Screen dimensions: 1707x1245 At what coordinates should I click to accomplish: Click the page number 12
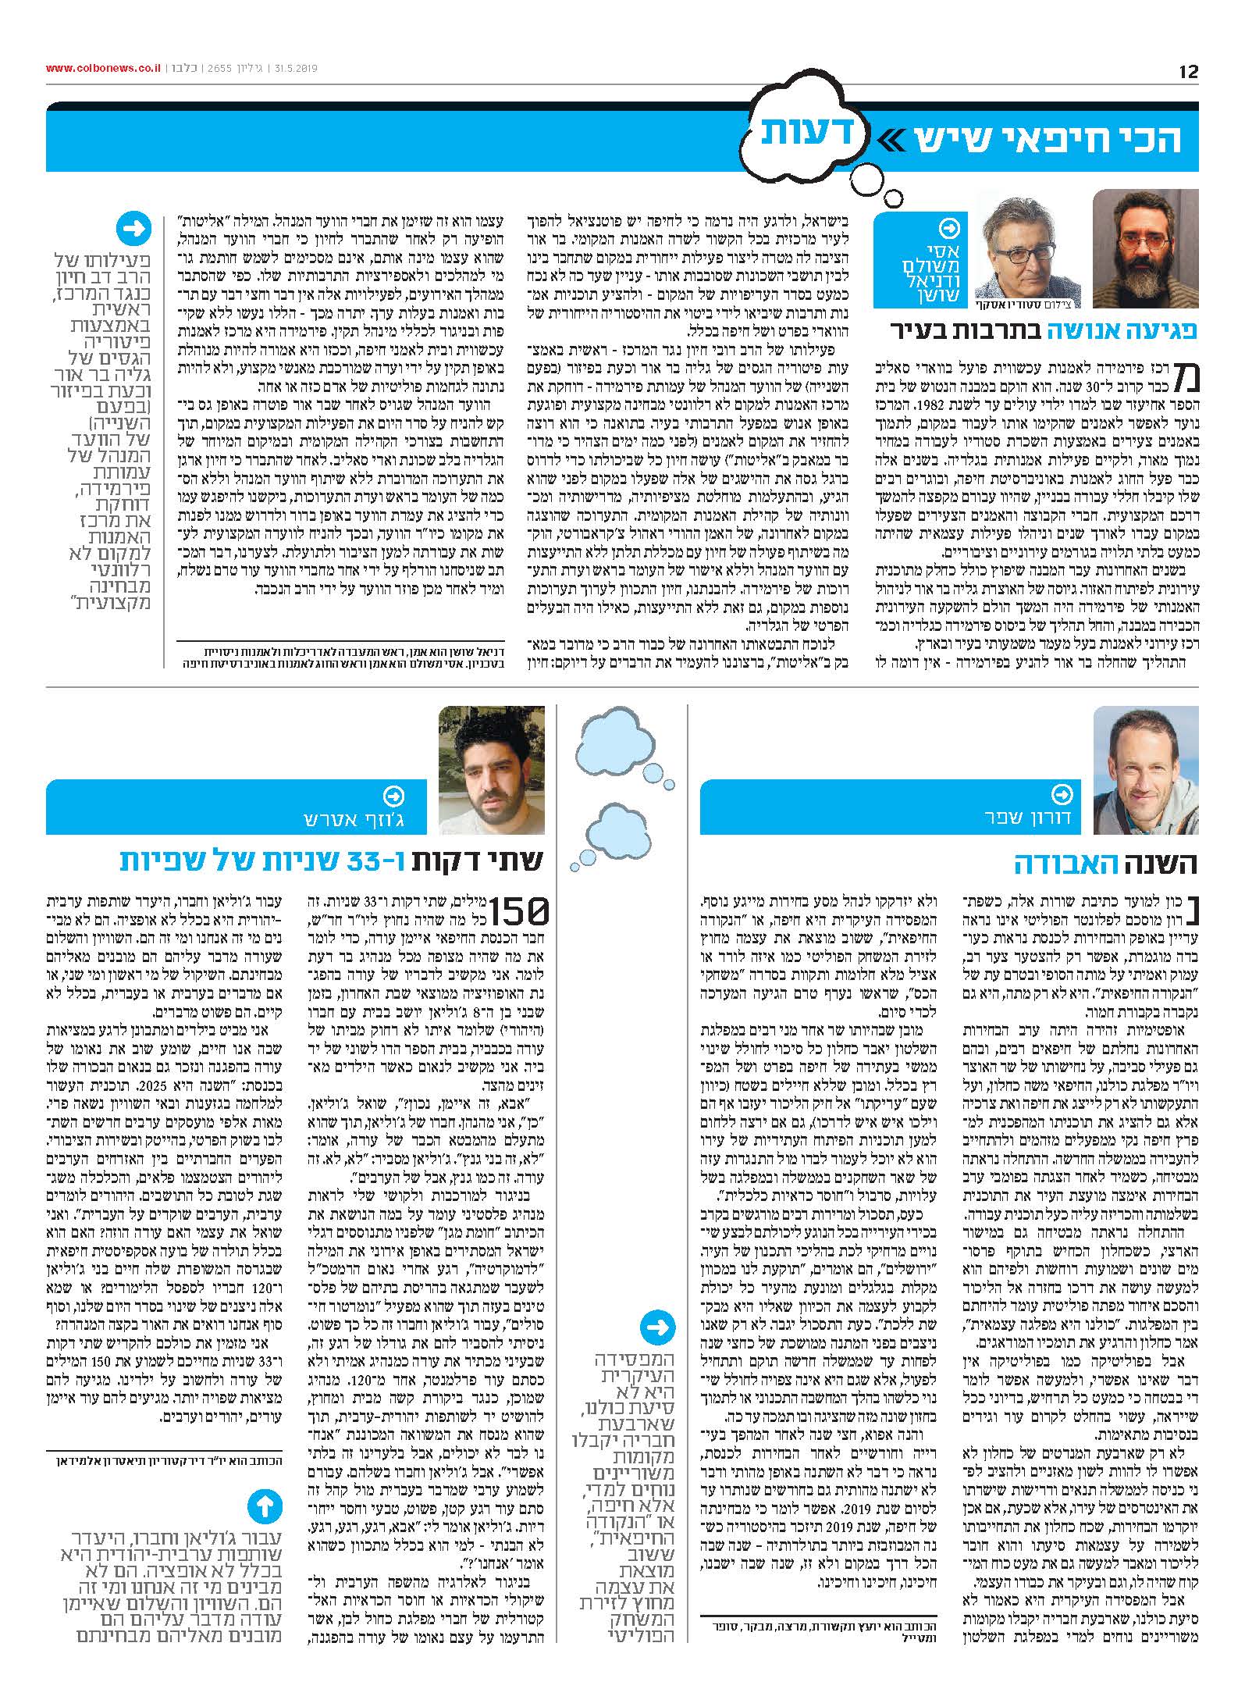[x=1187, y=71]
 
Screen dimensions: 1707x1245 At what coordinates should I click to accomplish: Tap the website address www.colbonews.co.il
[x=102, y=68]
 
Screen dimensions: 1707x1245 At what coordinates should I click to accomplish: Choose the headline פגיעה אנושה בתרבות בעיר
[x=1044, y=330]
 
